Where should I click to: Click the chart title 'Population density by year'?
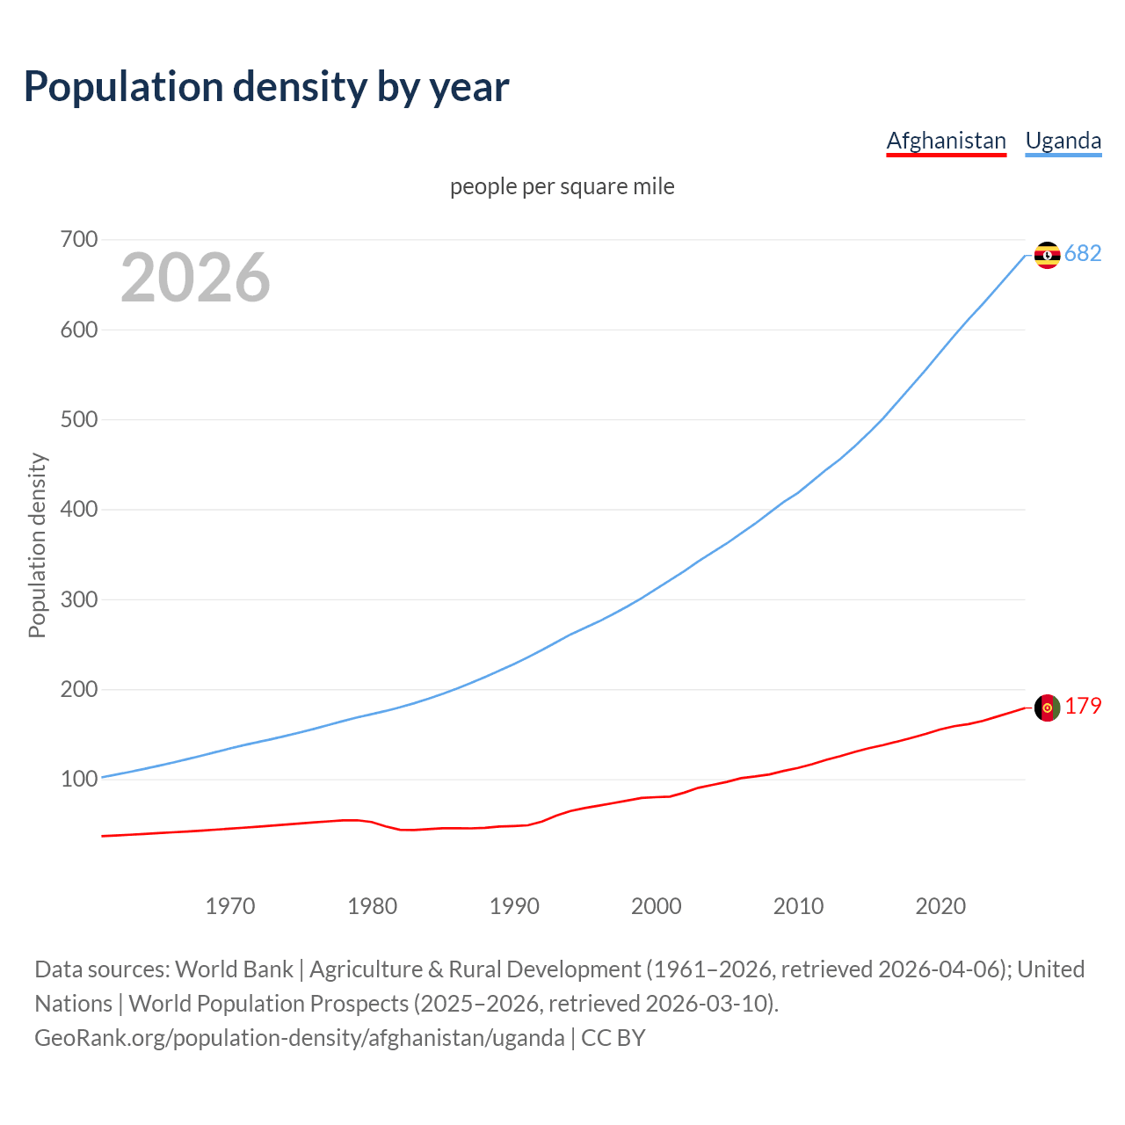pos(266,87)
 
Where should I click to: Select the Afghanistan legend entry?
pos(946,141)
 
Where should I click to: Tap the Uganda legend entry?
pos(1063,141)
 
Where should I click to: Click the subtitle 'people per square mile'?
pos(562,186)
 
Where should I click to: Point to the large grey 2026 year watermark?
pos(195,278)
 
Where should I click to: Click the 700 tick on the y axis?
pos(79,239)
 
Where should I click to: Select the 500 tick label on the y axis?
pos(79,419)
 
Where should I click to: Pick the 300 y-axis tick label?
pos(79,599)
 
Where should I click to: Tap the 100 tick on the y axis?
pos(79,779)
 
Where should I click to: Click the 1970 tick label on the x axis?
pos(230,905)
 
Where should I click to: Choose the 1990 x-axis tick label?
pos(514,905)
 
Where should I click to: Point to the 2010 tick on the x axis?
pos(798,905)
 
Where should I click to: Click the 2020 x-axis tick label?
pos(940,905)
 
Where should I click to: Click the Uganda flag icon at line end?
pos(1047,255)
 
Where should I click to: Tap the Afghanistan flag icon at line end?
pos(1047,708)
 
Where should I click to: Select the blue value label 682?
pos(1083,253)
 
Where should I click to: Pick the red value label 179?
pos(1083,707)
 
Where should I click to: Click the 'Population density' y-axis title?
pos(37,545)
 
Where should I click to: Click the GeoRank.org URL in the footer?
pos(300,1037)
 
